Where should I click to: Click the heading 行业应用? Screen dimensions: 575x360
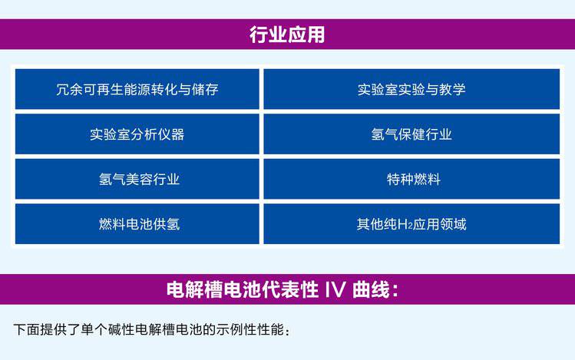pyautogui.click(x=287, y=35)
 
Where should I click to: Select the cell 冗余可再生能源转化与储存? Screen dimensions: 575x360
pyautogui.click(x=137, y=89)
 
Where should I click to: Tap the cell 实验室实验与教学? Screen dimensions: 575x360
pyautogui.click(x=411, y=89)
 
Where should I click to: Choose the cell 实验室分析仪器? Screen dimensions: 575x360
pyautogui.click(x=137, y=134)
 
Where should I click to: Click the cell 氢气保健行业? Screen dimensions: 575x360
pyautogui.click(x=411, y=134)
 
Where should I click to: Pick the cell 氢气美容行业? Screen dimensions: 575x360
pyautogui.click(x=137, y=180)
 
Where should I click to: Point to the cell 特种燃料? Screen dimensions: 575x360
pyautogui.click(x=411, y=180)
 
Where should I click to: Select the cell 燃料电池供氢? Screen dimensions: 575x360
pyautogui.click(x=137, y=224)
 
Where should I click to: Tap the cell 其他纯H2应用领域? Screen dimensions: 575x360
pyautogui.click(x=411, y=224)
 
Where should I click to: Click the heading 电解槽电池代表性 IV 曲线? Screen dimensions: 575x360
pyautogui.click(x=283, y=289)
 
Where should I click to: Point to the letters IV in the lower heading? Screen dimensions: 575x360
pyautogui.click(x=335, y=289)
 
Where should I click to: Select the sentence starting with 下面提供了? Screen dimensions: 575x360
pyautogui.click(x=151, y=329)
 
